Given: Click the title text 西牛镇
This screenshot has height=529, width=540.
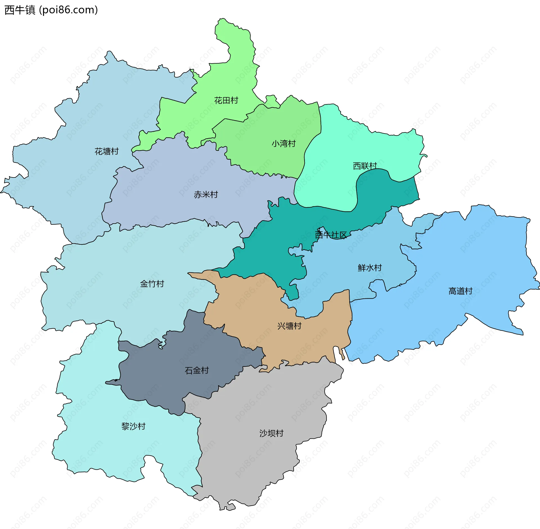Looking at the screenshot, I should tap(20, 10).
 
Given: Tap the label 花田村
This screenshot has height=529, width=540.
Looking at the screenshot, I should tap(226, 100).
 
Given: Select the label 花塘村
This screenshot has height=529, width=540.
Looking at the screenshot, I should tap(107, 151).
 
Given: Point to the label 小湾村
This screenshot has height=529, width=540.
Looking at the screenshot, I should tap(283, 144).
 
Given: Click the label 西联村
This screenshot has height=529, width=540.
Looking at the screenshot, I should tap(365, 166).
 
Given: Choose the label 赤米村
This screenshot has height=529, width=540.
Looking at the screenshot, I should tap(206, 194).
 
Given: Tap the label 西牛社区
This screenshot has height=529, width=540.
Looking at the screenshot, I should tap(331, 235).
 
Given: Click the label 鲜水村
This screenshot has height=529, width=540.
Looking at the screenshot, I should tap(370, 268).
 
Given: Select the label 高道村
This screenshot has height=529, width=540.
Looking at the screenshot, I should tap(460, 291).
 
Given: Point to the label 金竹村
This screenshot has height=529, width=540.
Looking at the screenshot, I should tap(152, 284).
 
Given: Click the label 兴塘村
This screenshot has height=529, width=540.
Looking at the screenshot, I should tap(289, 326).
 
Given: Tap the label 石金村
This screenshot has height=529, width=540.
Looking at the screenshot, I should tap(197, 370).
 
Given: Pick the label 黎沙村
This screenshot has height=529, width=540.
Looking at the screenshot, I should tap(133, 426).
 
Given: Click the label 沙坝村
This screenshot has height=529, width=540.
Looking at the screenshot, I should tap(271, 433).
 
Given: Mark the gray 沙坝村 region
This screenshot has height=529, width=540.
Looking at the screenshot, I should tap(253, 464).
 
